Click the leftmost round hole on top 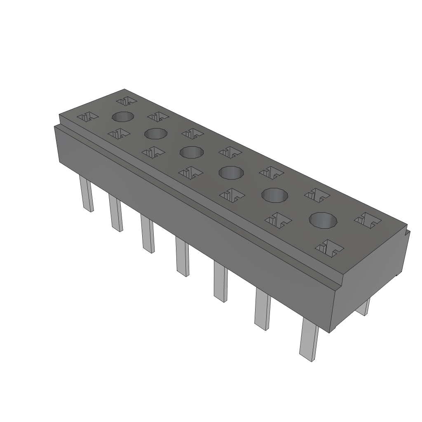coord(123,117)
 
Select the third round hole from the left coord(192,152)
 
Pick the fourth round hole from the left coord(231,172)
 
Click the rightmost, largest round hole coord(324,220)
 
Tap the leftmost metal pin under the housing coord(87,195)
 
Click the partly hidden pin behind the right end coord(363,307)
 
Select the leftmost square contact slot coord(87,117)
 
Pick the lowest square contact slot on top coord(329,247)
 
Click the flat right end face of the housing coord(371,280)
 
